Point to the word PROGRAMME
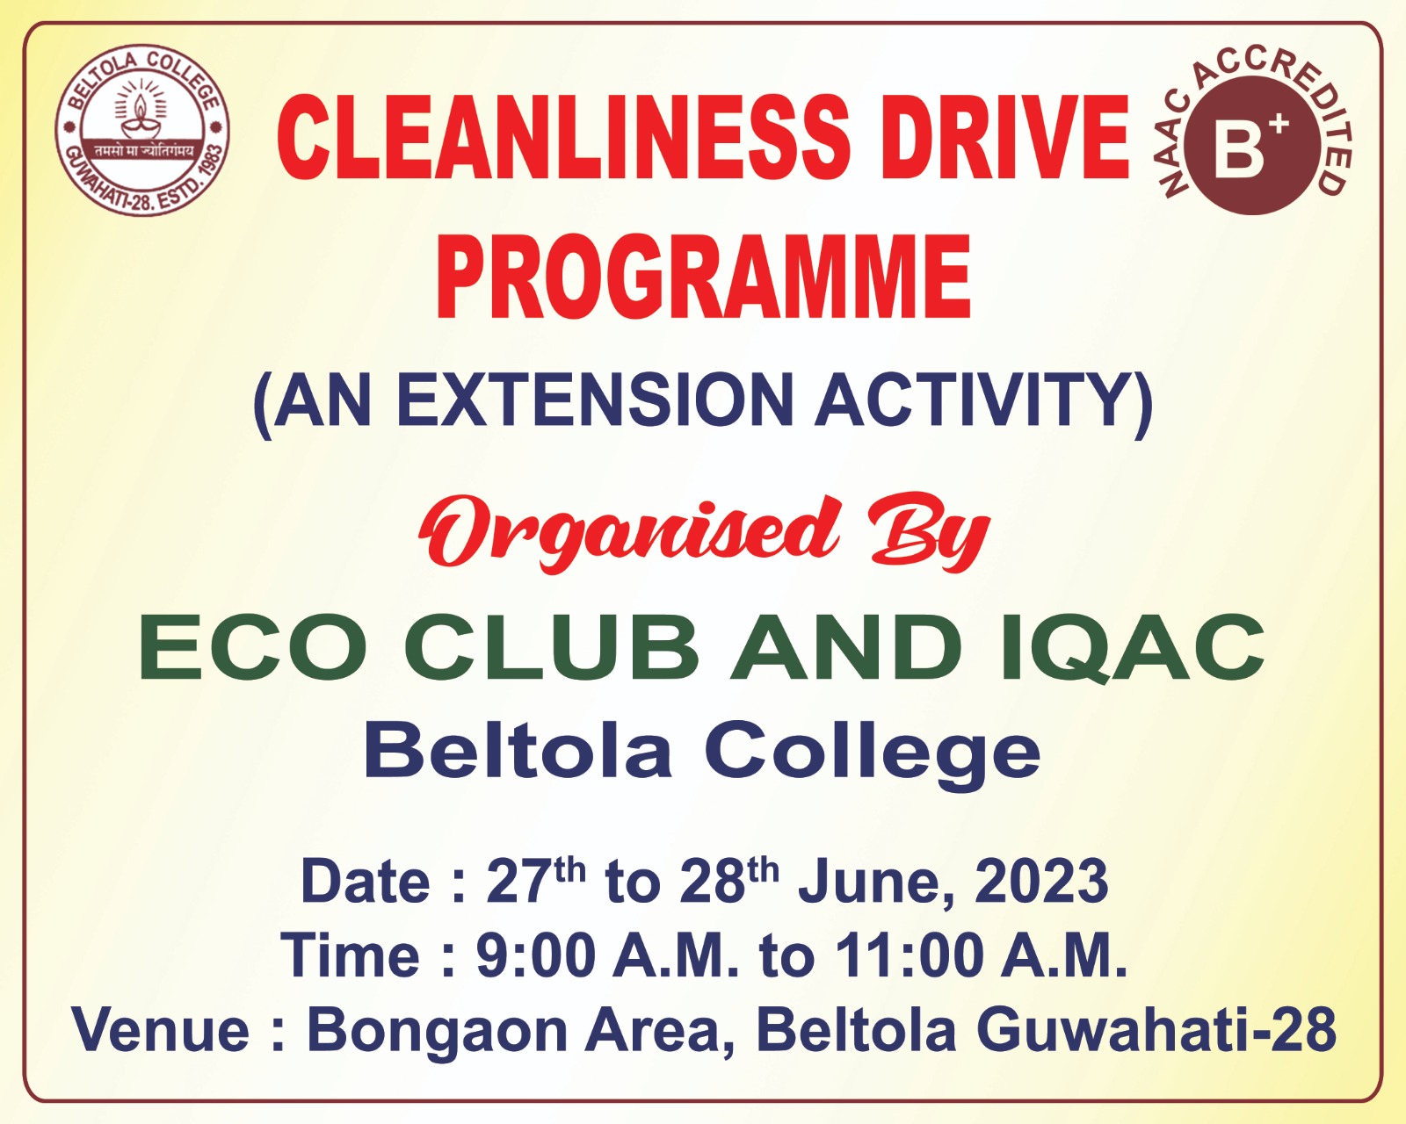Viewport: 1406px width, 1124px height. click(x=703, y=277)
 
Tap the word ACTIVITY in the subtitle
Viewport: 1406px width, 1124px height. click(x=972, y=399)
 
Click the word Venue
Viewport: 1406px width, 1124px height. click(x=162, y=1031)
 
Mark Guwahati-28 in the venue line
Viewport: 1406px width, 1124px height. click(x=1156, y=1031)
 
